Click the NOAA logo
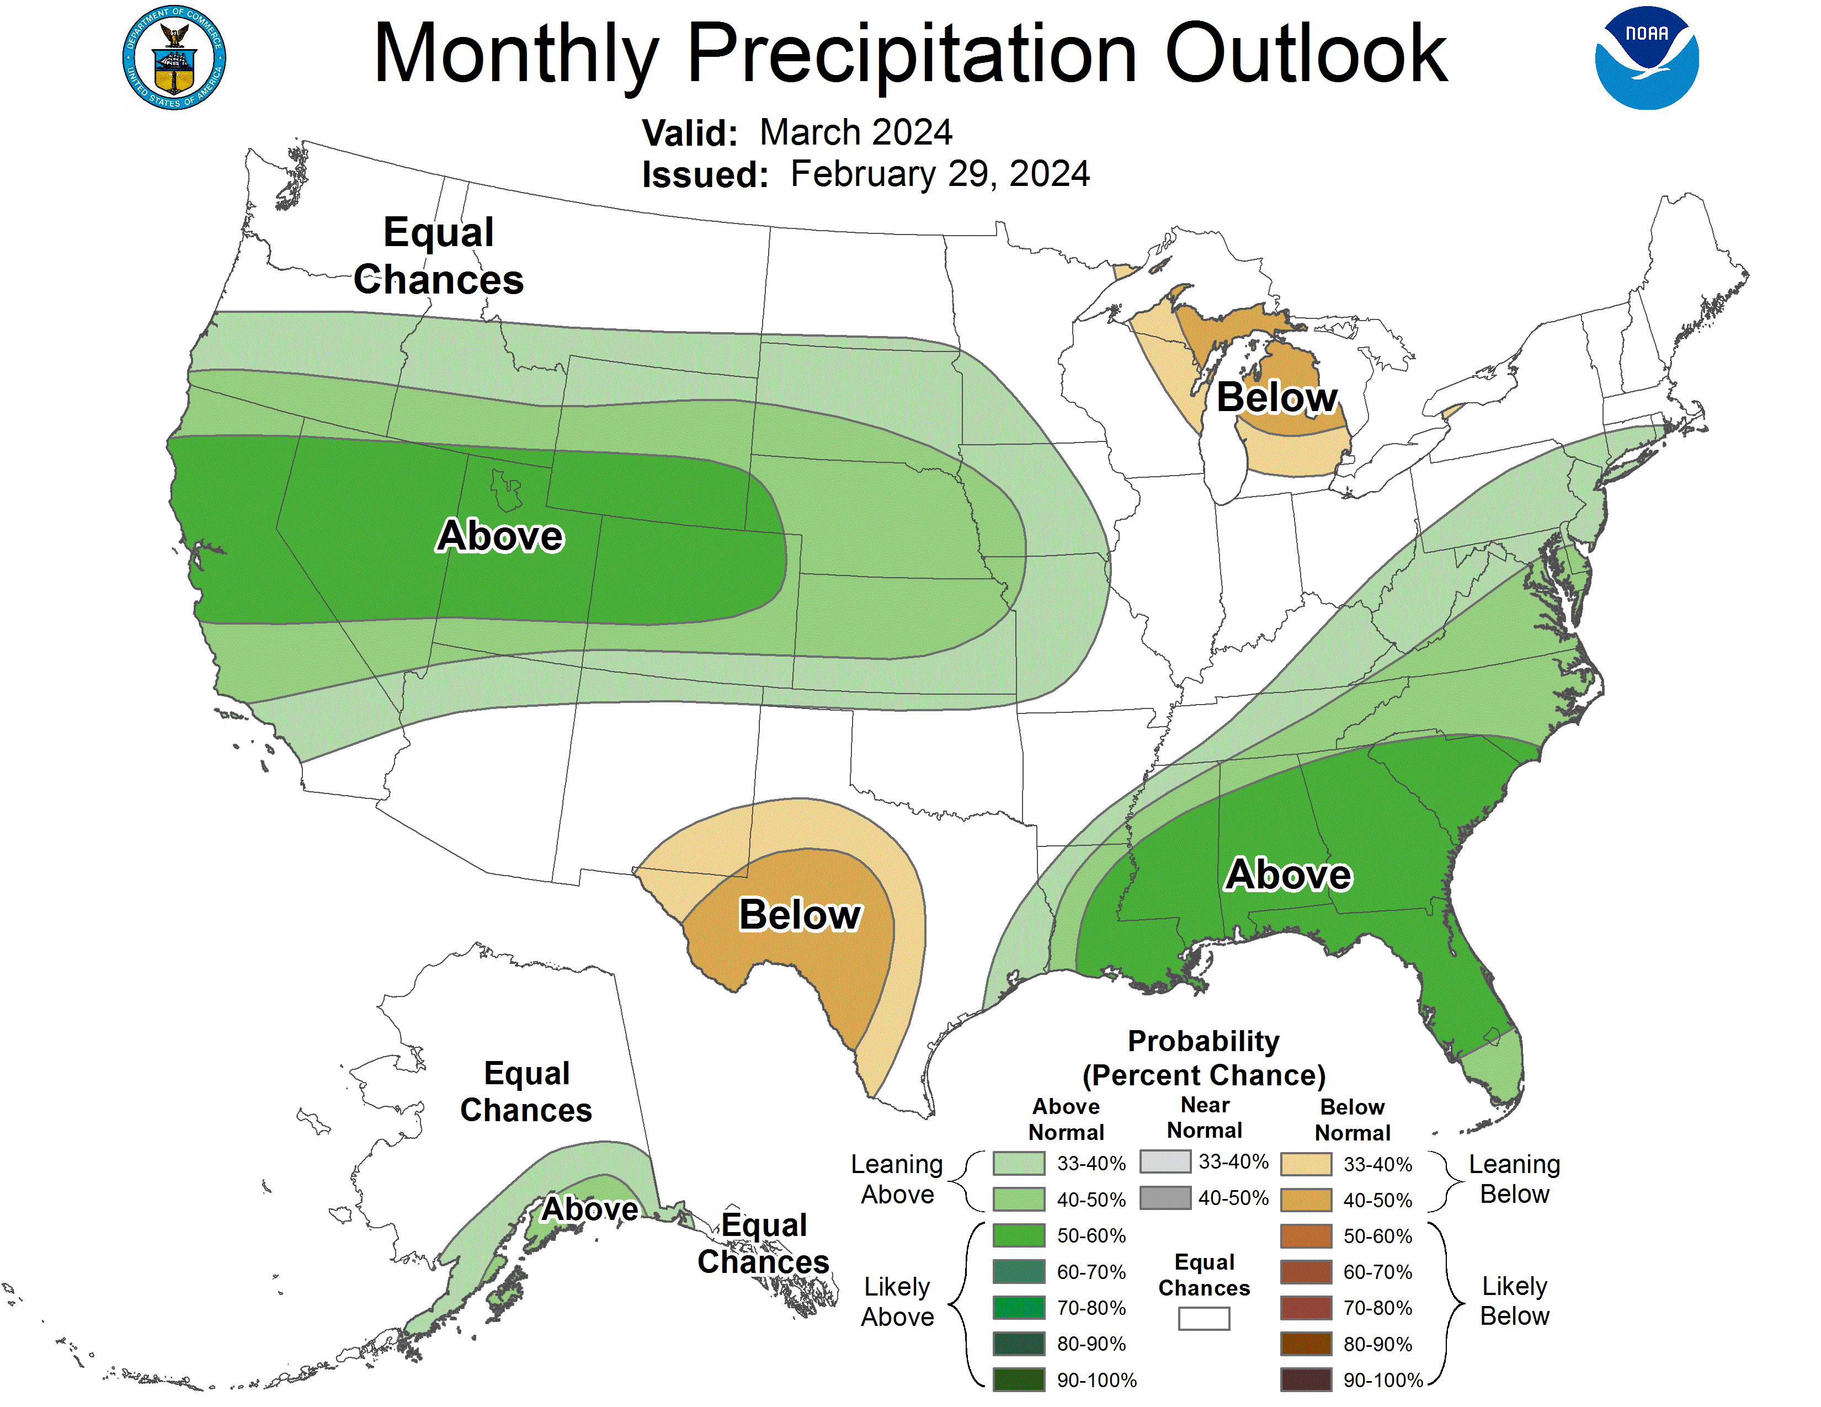1646,58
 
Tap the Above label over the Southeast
1288,875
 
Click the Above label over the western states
500,535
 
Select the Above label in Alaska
589,1208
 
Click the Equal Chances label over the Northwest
439,255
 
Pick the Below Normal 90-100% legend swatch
1306,1379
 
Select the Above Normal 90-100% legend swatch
1018,1379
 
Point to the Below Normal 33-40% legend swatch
1306,1164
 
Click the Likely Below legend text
1514,1301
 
